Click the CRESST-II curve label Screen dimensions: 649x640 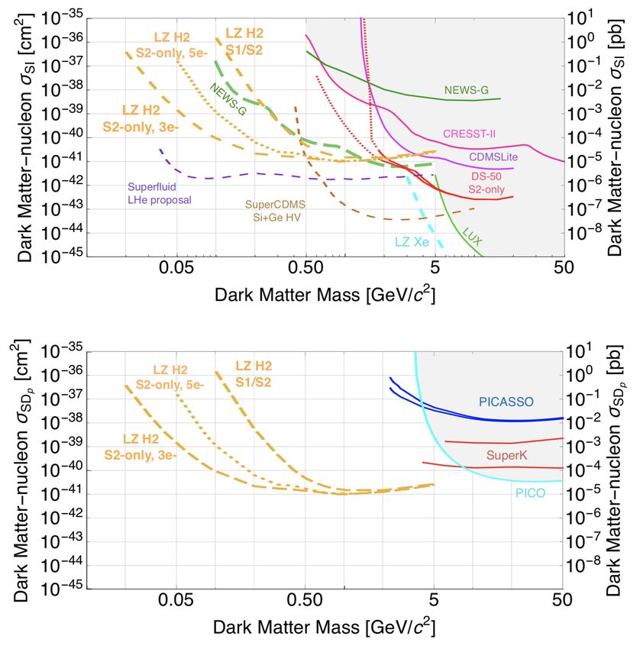(x=469, y=133)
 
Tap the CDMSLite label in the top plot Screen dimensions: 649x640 (x=487, y=157)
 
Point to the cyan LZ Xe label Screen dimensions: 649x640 (x=412, y=242)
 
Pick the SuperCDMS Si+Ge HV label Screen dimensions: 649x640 (x=275, y=211)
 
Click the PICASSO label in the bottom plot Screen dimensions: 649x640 (x=505, y=402)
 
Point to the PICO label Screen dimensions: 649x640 (x=530, y=493)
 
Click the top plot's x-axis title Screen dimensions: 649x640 (x=325, y=295)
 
